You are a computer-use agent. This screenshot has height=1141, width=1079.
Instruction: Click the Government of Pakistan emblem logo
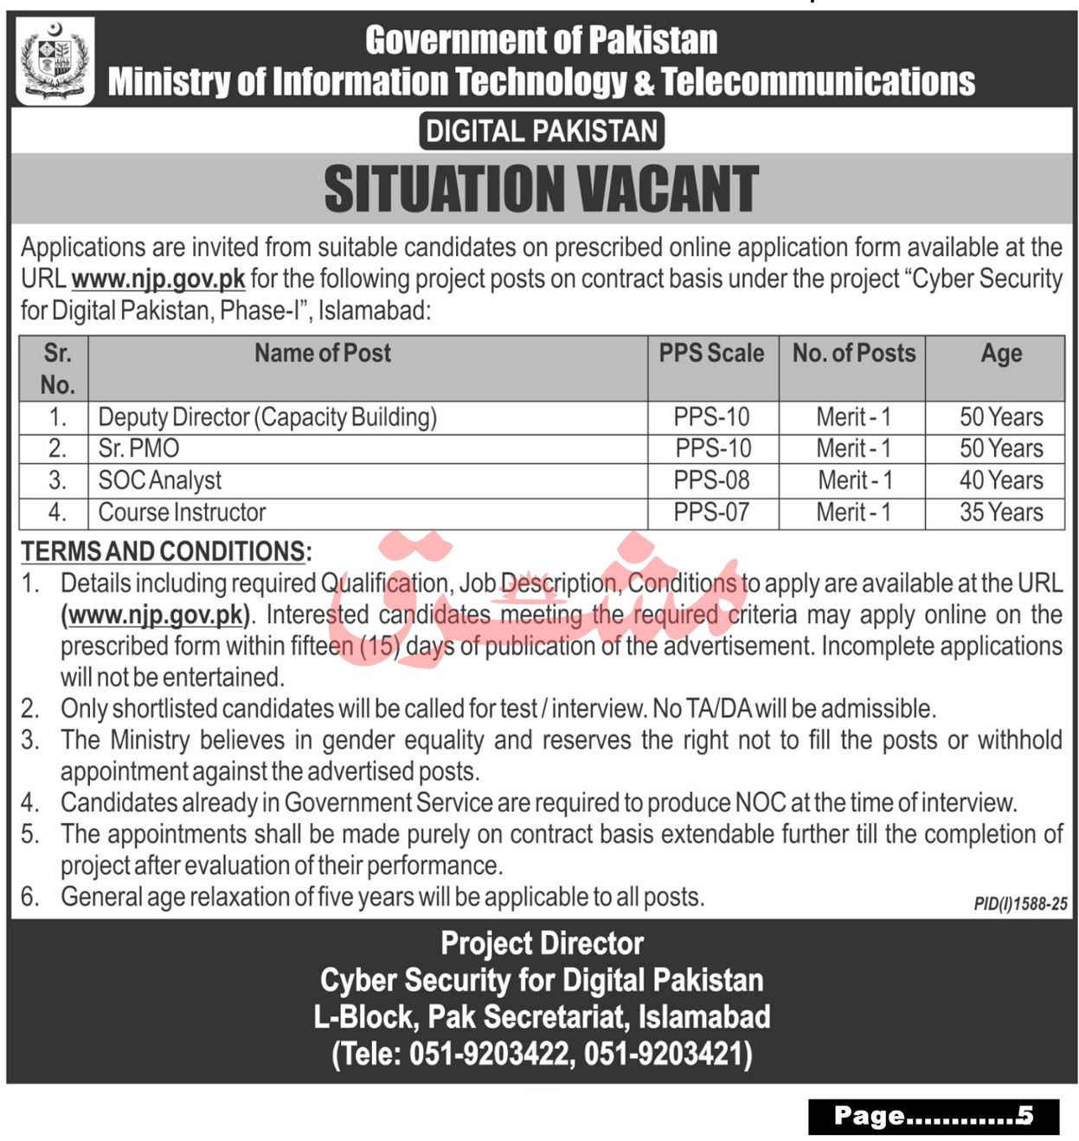(55, 61)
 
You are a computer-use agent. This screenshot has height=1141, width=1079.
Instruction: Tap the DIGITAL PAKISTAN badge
(542, 132)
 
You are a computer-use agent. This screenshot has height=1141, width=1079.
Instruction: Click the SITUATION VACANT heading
(542, 190)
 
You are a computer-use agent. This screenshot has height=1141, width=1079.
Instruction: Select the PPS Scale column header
(711, 353)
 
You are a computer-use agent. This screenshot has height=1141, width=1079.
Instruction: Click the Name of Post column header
(323, 353)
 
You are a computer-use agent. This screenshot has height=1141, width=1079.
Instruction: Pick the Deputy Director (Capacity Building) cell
(267, 417)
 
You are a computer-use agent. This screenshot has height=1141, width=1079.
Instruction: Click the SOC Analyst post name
(160, 480)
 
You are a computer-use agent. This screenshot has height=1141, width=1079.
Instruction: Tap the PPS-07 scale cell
(711, 512)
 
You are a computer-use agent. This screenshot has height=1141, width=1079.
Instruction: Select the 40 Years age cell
(1001, 480)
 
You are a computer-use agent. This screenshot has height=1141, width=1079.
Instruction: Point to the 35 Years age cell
(1001, 512)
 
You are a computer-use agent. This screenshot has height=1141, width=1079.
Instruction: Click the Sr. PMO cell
(138, 448)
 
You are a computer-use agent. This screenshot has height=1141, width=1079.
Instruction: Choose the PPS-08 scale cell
(711, 480)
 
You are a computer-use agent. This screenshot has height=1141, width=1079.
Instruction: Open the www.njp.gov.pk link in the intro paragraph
(158, 279)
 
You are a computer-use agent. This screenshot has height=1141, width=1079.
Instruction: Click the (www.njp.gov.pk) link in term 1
(156, 615)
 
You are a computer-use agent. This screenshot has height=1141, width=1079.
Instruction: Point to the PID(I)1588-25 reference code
(1020, 904)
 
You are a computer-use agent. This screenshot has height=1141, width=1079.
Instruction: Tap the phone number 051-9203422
(488, 1054)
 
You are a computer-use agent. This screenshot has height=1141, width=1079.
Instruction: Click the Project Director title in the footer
(542, 944)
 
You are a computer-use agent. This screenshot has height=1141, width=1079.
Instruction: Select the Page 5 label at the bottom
(933, 1117)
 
